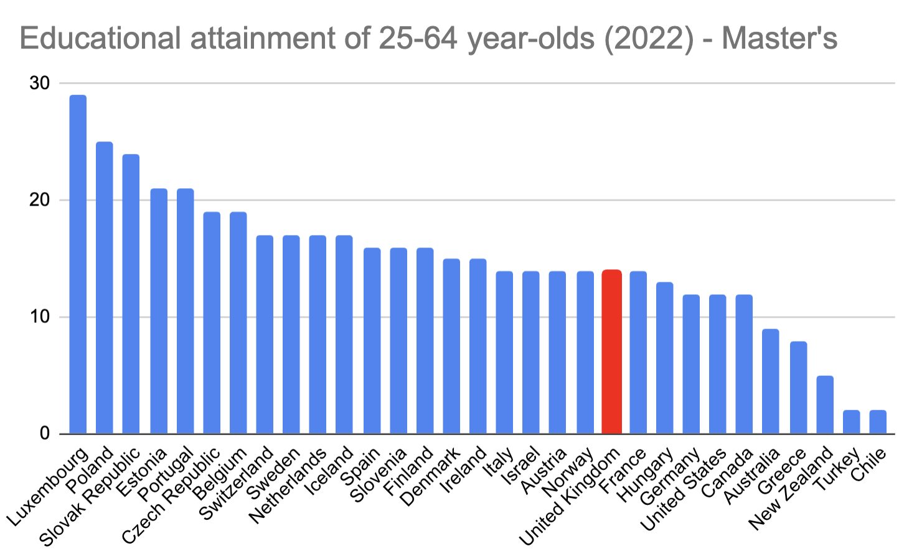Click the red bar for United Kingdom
coord(611,352)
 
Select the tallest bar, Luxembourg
coord(78,265)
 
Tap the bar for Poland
coord(104,288)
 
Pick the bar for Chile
coord(878,422)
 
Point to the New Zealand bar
coord(825,405)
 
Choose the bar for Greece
coord(798,388)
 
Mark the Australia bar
coord(771,381)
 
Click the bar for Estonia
coord(159,312)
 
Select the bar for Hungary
coord(665,358)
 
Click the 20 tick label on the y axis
coord(40,200)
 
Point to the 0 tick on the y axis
coord(45,434)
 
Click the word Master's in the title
coord(779,39)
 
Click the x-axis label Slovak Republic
coord(91,496)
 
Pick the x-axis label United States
coord(684,490)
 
